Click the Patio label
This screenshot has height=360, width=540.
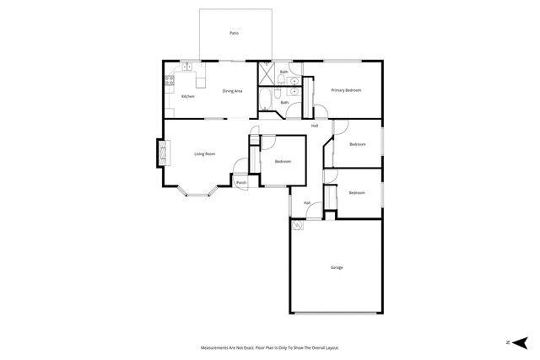pyautogui.click(x=234, y=33)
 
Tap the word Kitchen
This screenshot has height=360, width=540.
pyautogui.click(x=188, y=97)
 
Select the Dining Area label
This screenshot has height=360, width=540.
pyautogui.click(x=233, y=91)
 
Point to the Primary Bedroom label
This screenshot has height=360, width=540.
pyautogui.click(x=346, y=90)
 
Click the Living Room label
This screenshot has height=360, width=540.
pyautogui.click(x=205, y=153)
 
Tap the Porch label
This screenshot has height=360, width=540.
pyautogui.click(x=241, y=183)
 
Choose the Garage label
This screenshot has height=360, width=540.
pyautogui.click(x=337, y=267)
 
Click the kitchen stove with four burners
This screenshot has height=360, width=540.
pyautogui.click(x=170, y=81)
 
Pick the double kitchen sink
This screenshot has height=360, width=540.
pyautogui.click(x=186, y=67)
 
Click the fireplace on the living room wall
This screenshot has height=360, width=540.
pyautogui.click(x=159, y=153)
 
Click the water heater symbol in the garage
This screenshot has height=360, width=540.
pyautogui.click(x=298, y=226)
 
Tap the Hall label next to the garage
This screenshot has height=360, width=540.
pyautogui.click(x=307, y=202)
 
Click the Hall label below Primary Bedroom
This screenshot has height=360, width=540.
pyautogui.click(x=315, y=126)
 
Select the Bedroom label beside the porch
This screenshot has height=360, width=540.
pyautogui.click(x=283, y=161)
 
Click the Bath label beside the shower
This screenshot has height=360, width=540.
pyautogui.click(x=284, y=73)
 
